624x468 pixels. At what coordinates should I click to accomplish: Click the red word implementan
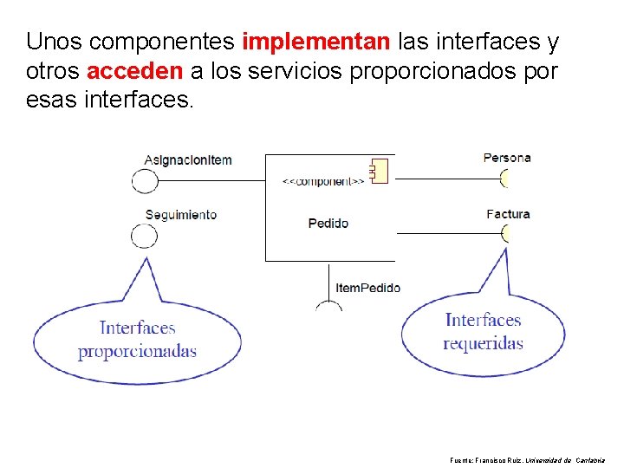click(317, 41)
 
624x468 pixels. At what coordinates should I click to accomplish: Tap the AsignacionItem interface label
click(188, 159)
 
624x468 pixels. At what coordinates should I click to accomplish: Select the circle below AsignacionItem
click(145, 180)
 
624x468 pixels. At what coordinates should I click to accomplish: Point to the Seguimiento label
click(181, 214)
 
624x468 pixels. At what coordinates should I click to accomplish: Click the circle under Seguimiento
click(144, 236)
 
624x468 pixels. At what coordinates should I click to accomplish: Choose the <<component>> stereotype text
click(323, 181)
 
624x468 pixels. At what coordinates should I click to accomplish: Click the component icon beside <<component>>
click(378, 170)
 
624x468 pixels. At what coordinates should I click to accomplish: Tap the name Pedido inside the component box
click(328, 223)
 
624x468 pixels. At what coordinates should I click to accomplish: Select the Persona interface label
click(507, 158)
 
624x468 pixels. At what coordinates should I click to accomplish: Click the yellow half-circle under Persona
click(504, 179)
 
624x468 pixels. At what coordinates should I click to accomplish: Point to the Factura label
click(508, 213)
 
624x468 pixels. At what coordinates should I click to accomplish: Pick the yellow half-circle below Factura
click(504, 233)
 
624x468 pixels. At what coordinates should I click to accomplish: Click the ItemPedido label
click(367, 287)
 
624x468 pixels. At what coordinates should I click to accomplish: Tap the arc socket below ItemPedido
click(328, 305)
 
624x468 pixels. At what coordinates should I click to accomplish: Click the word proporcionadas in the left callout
click(137, 351)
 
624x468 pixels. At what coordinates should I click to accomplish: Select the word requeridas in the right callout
click(483, 343)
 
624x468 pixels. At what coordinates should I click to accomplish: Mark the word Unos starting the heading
click(55, 41)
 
